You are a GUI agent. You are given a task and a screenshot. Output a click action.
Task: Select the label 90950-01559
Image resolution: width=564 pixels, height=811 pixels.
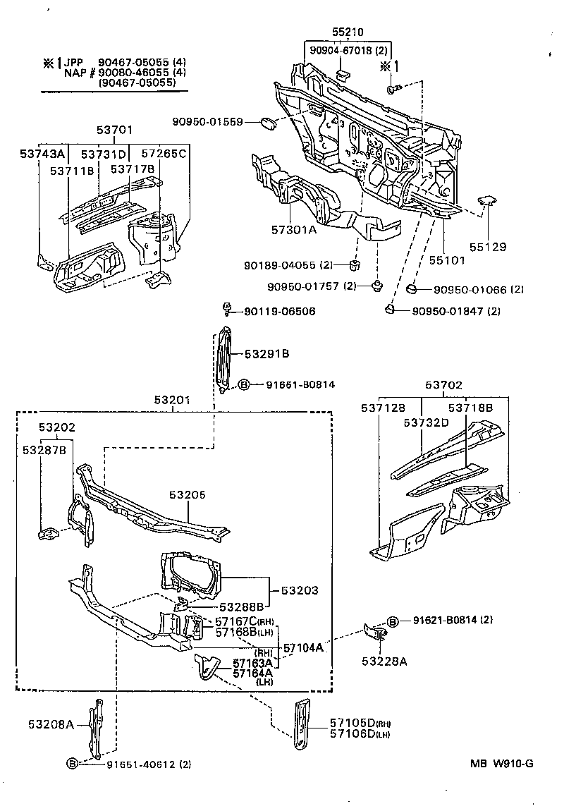point(207,122)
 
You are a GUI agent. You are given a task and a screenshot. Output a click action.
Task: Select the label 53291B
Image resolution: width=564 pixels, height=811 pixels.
point(266,353)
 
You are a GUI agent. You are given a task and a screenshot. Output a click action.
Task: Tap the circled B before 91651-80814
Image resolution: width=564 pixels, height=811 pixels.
point(244,384)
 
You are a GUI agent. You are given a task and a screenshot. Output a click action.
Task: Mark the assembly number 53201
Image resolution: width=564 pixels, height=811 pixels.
point(173,401)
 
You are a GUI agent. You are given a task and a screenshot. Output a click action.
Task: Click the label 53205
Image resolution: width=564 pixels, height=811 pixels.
point(187,495)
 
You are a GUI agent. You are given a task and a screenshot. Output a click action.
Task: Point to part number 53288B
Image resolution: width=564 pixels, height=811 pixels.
point(240,606)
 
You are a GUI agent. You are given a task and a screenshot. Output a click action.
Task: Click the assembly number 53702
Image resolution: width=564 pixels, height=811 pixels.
point(444,385)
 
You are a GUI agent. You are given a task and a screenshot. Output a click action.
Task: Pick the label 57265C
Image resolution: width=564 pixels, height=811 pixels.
point(163,154)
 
